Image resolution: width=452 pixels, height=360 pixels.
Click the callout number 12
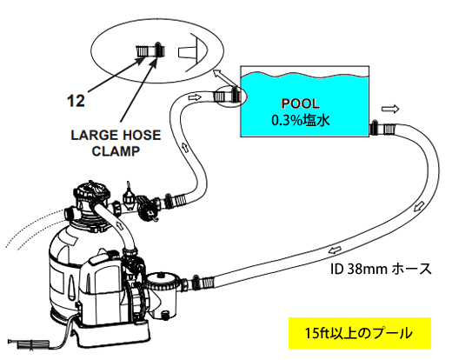(x=76, y=101)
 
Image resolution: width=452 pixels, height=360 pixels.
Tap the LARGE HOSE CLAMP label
(x=116, y=143)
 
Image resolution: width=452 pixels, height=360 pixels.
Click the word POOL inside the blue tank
(x=301, y=103)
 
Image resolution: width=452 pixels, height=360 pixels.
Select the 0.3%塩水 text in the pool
(x=301, y=119)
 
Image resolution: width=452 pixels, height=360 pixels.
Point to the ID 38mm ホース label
(x=381, y=270)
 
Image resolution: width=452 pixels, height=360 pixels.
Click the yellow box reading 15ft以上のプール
(x=360, y=333)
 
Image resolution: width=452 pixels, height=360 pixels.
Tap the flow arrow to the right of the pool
(x=390, y=109)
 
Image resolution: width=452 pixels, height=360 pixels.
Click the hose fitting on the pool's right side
(x=383, y=129)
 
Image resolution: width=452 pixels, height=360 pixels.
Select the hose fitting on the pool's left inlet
(x=227, y=96)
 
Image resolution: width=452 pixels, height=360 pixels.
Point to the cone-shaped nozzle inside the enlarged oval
(x=187, y=53)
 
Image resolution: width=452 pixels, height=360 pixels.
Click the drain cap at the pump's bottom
(x=165, y=315)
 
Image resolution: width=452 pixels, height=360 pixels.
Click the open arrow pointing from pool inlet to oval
(x=223, y=78)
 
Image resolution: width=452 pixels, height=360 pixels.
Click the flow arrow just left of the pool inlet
(x=195, y=97)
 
